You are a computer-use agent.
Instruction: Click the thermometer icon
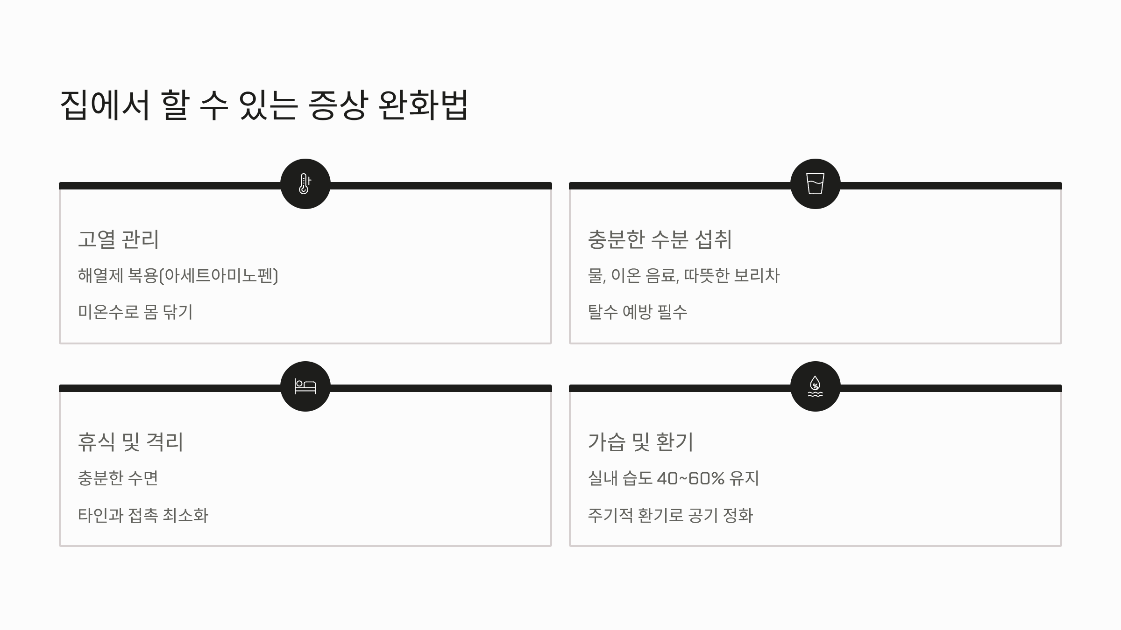point(305,184)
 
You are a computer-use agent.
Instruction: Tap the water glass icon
point(815,184)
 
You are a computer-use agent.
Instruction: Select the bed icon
point(305,386)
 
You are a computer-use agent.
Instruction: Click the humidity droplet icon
point(815,386)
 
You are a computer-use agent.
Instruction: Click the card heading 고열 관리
point(118,239)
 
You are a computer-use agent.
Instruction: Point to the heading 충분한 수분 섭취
point(659,239)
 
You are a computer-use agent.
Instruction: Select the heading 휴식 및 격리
point(130,442)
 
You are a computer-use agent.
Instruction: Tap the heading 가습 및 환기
point(640,442)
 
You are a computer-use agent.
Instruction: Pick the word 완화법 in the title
point(423,105)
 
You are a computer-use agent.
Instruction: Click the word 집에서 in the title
point(105,105)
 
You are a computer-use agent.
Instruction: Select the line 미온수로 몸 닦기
point(135,312)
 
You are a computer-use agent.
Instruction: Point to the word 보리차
point(757,276)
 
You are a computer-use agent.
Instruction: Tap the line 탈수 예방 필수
point(638,312)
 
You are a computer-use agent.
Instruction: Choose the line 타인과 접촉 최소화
point(143,515)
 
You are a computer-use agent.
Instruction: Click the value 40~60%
point(690,478)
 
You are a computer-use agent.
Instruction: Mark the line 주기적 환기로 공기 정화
point(670,515)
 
